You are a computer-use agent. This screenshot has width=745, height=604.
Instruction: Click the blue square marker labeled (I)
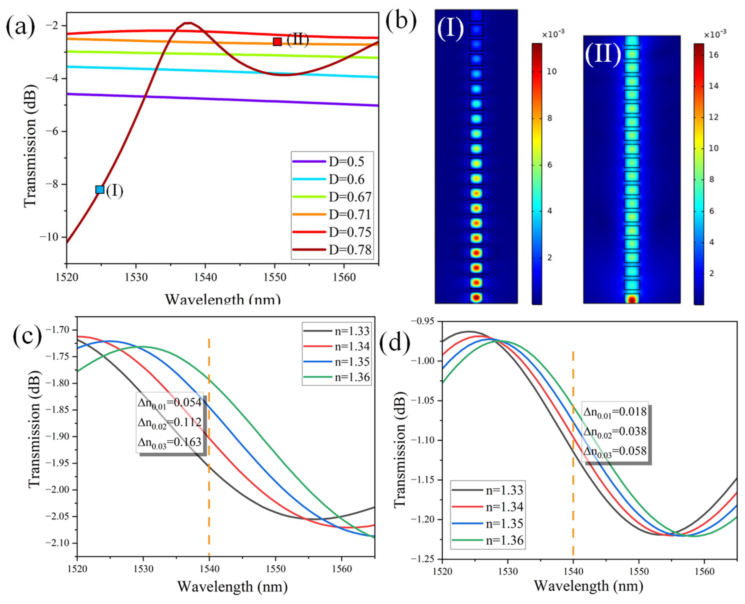click(x=100, y=189)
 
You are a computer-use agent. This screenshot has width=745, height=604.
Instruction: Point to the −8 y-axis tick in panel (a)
click(x=51, y=184)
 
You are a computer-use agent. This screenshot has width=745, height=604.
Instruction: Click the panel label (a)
click(x=21, y=26)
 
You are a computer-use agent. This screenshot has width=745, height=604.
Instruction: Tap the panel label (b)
click(x=401, y=22)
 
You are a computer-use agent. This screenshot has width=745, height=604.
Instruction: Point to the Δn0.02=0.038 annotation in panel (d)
click(x=615, y=432)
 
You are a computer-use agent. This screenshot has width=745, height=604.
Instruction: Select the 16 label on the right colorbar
click(x=714, y=55)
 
